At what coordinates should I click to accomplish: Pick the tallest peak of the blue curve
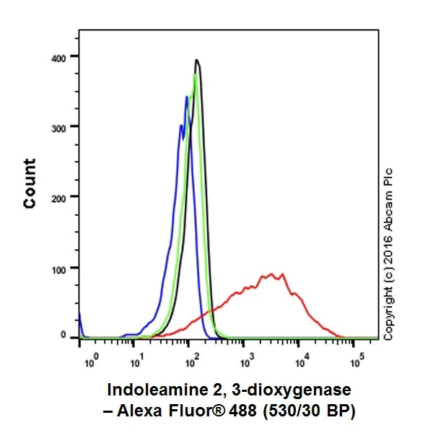187,97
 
